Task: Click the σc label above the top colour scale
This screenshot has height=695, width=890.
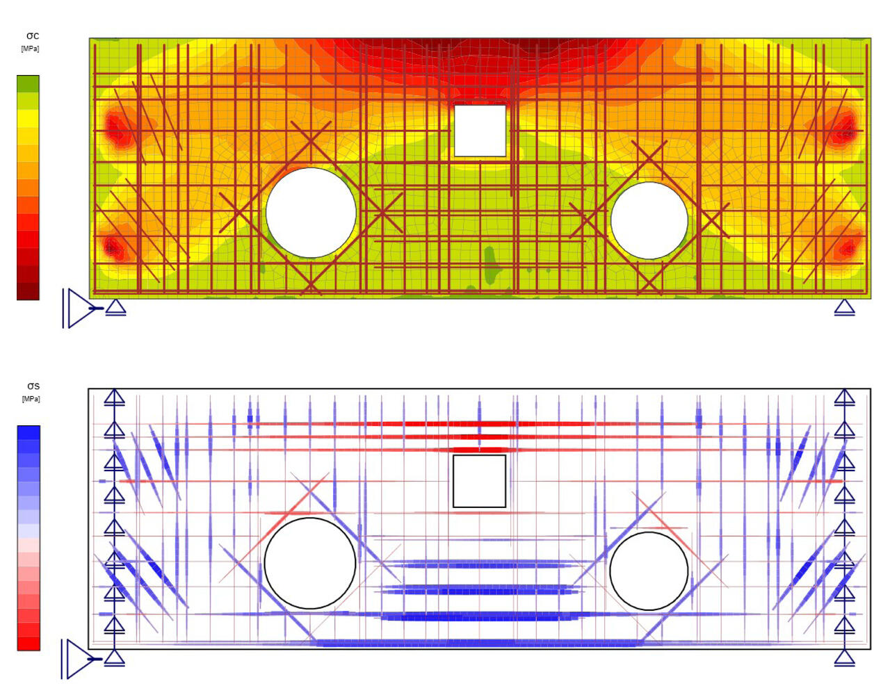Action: [33, 36]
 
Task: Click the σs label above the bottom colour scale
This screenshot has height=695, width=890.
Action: [33, 386]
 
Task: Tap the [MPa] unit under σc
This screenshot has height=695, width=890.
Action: [30, 49]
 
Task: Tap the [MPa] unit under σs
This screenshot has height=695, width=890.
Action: [31, 399]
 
